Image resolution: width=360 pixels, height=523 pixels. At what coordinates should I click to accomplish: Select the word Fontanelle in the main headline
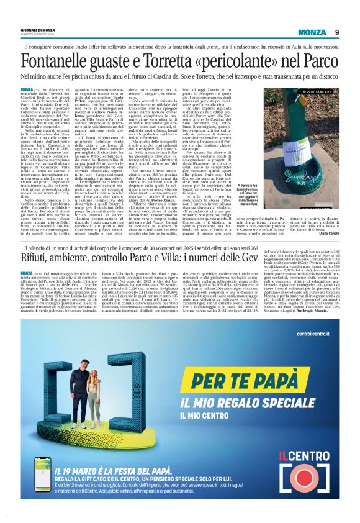coord(55,61)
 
